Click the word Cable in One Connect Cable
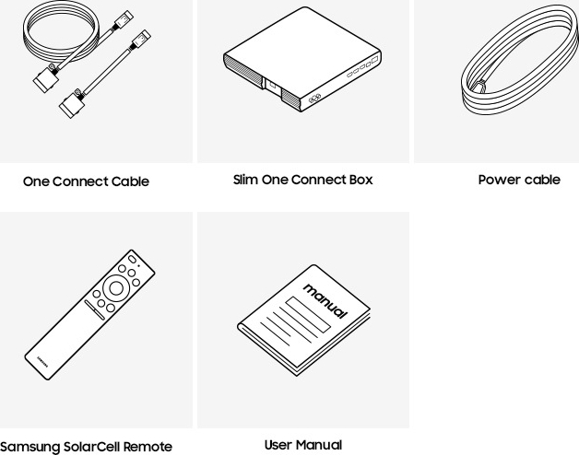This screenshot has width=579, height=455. pos(130,181)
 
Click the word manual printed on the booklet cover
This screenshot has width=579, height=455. pos(325,301)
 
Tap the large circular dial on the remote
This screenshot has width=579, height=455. pos(116,288)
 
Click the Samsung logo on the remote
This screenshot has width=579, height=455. pos(42,361)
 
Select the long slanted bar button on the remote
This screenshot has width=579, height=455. pos(95,309)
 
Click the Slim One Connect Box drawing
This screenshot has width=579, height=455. pos(302,59)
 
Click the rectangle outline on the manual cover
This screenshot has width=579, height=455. pos(308,315)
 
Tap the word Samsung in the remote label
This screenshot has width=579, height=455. pos(30,447)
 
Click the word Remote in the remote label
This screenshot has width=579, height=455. pos(148,447)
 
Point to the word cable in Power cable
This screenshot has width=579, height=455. pos(542,180)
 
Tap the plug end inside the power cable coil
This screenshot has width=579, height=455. pos(479,87)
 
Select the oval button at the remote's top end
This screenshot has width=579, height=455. pos(132,259)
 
